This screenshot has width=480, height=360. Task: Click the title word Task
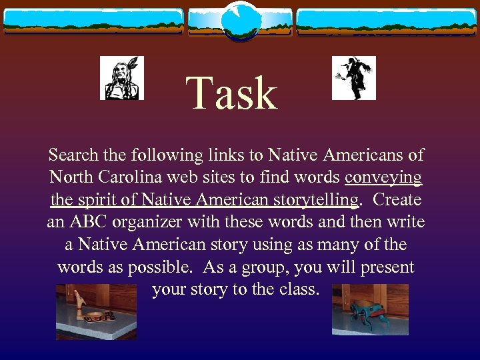click(x=231, y=93)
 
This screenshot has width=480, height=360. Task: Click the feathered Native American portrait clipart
click(x=121, y=78)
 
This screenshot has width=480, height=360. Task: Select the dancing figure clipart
click(x=353, y=78)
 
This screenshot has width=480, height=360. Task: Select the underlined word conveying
click(x=383, y=178)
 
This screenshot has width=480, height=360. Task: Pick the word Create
click(x=397, y=200)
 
